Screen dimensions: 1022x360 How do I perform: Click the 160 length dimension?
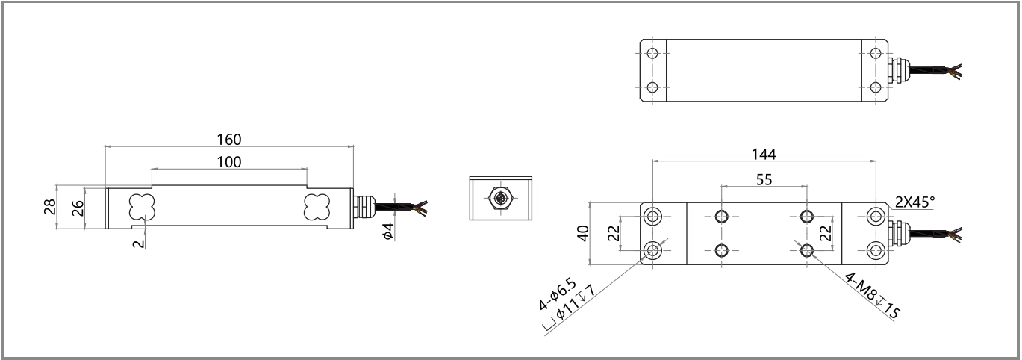pos(229,139)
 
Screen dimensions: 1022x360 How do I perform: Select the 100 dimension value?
pos(229,162)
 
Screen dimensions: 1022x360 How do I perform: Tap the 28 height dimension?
pos(50,207)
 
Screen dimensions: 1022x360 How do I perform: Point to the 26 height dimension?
pos(78,208)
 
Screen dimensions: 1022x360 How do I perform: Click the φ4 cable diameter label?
pos(387,231)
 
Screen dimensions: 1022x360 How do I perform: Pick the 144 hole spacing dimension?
pos(764,154)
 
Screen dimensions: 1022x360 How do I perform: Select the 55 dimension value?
pos(764,179)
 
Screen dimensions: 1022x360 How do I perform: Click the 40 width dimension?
pos(583,233)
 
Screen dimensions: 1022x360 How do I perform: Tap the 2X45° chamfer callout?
pos(914,202)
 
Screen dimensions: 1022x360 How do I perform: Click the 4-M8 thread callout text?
pos(872,296)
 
